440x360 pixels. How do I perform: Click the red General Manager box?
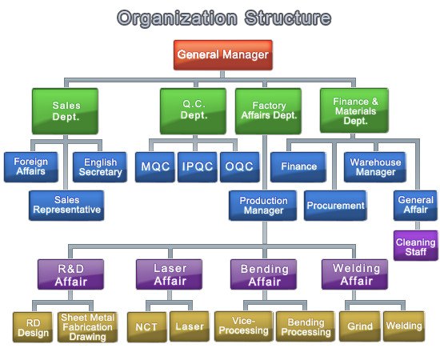pos(223,55)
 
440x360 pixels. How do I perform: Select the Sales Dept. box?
pos(65,111)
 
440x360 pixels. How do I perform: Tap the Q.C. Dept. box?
pos(193,111)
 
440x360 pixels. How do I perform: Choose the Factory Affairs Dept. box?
pos(268,111)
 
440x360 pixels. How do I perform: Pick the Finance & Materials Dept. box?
pos(354,110)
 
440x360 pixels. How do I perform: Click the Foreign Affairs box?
pos(31,167)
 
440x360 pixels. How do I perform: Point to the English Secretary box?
pos(100,167)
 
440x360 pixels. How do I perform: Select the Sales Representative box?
pos(66,206)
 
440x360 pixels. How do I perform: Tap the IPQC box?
pos(198,167)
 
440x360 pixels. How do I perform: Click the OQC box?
pos(240,167)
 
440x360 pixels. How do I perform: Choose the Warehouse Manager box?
pos(375,167)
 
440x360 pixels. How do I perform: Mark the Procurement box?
pos(335,206)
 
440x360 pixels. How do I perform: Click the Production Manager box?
pos(262,206)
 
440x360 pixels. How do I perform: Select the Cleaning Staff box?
pos(415,246)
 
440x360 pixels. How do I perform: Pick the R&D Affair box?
pos(70,274)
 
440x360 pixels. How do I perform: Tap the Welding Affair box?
pos(354,274)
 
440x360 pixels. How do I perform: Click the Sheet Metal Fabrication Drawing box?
pos(87,327)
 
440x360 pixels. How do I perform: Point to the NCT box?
pos(146,327)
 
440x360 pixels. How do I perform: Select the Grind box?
pos(360,326)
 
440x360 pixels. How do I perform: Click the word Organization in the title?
pos(178,18)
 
